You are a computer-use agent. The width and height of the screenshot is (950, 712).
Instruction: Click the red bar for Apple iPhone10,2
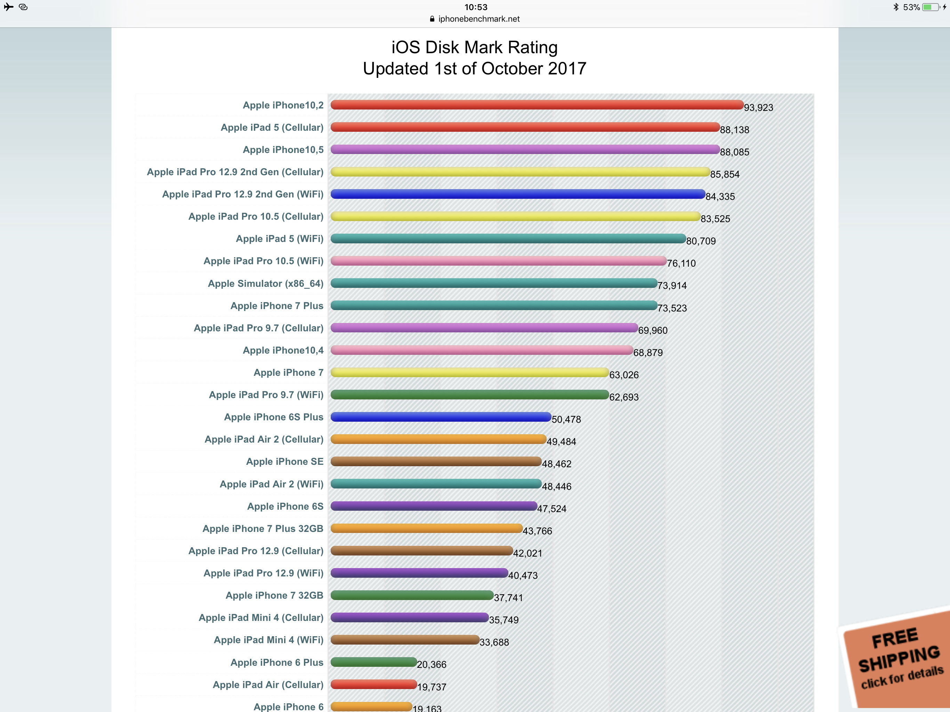click(537, 105)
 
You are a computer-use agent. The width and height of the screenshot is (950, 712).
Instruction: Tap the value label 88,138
click(734, 130)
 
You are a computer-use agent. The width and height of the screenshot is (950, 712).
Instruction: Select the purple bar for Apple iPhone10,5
click(525, 149)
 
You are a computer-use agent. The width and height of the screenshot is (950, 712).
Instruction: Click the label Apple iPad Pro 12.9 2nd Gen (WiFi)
click(243, 194)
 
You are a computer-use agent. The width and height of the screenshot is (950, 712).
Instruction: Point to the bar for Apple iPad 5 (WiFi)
click(508, 238)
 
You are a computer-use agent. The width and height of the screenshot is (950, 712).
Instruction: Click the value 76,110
click(681, 263)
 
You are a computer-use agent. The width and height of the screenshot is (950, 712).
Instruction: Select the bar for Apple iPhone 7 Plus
click(494, 305)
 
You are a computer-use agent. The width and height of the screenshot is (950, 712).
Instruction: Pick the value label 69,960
click(653, 330)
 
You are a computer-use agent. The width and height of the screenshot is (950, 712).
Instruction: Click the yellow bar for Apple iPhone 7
click(469, 372)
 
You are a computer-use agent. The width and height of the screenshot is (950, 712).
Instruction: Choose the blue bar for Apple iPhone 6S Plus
click(441, 416)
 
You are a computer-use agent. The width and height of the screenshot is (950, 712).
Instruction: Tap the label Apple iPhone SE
click(284, 462)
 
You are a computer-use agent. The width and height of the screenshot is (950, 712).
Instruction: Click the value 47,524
click(552, 509)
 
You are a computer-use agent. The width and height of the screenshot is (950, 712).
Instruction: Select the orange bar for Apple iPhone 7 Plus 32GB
click(426, 528)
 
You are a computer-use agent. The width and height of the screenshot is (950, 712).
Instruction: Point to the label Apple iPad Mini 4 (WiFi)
click(268, 640)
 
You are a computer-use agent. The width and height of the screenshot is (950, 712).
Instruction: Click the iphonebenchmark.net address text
click(478, 19)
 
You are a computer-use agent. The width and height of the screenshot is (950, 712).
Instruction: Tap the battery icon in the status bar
click(931, 7)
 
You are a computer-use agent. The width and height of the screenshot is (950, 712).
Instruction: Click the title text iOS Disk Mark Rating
click(474, 47)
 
